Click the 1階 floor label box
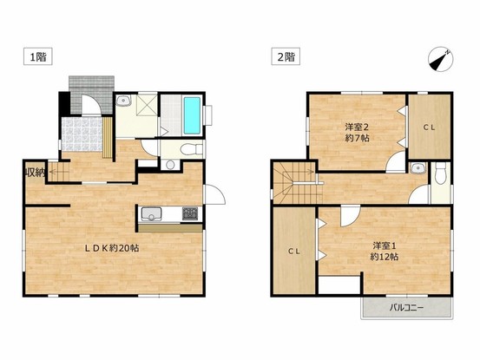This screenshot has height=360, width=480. click(38, 57)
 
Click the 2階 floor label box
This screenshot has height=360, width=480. click(286, 57)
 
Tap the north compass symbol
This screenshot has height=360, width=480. click(441, 60)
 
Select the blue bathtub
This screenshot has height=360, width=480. click(192, 115)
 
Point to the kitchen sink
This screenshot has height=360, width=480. click(151, 213)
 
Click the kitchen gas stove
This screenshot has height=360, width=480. click(190, 213)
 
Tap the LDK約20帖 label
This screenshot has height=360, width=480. click(112, 248)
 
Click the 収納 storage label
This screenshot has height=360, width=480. click(35, 173)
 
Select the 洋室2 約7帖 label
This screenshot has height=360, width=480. click(357, 132)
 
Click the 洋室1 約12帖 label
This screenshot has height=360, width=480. click(385, 251)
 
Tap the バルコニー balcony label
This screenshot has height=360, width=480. click(407, 307)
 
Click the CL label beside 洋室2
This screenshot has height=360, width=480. click(429, 128)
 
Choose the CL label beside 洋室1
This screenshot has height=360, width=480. click(294, 251)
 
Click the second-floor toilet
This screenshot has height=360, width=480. click(441, 173)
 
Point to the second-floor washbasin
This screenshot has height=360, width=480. click(418, 168)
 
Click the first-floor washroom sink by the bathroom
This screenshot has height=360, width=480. click(123, 101)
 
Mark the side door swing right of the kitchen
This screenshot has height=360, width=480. click(215, 194)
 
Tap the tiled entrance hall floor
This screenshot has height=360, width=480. click(82, 134)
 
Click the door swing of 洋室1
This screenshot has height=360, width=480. click(350, 217)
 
